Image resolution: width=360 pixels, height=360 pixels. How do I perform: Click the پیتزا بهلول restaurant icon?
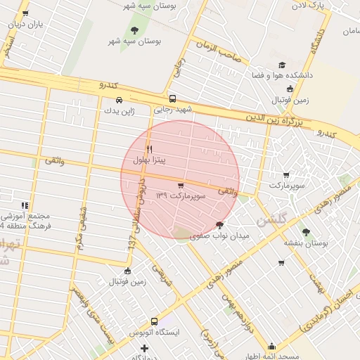(149, 149)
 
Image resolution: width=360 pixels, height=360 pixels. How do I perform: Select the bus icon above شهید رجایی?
(172, 99)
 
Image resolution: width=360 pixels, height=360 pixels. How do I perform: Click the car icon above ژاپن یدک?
(119, 100)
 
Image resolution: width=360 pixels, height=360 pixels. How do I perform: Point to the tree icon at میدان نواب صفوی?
(220, 226)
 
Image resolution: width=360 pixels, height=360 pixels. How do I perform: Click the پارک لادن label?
(311, 6)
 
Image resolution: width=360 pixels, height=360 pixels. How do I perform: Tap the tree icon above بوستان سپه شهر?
(134, 30)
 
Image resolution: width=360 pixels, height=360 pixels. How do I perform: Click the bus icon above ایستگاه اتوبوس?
(144, 331)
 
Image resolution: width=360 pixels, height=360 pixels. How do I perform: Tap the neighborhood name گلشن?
(271, 220)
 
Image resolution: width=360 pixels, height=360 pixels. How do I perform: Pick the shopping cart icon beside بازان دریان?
(26, 13)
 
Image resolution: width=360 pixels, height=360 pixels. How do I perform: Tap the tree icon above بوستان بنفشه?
(305, 231)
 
